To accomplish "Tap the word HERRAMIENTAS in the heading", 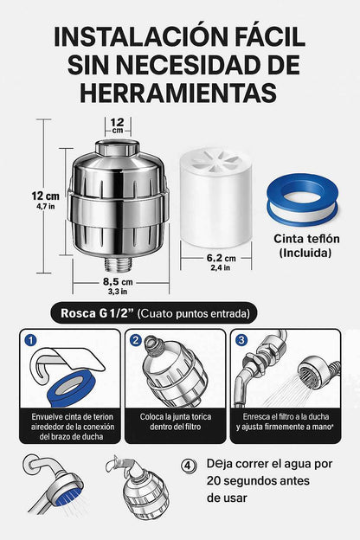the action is point(178,93).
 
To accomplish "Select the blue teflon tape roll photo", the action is point(302,200).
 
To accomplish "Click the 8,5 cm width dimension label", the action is point(118,282).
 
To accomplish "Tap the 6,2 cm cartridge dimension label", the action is point(222,258).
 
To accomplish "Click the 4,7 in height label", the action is point(46,207).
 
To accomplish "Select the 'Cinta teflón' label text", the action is point(306,239).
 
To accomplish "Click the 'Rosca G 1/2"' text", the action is point(97,313).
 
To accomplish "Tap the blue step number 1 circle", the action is point(30,341).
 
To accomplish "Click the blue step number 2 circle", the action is point(136,341).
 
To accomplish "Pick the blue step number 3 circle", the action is point(241,341).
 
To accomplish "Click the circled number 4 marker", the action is point(188,466).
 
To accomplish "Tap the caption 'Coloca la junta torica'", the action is point(176,417).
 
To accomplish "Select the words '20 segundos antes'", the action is point(258,481).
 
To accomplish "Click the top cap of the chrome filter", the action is point(117,147).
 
